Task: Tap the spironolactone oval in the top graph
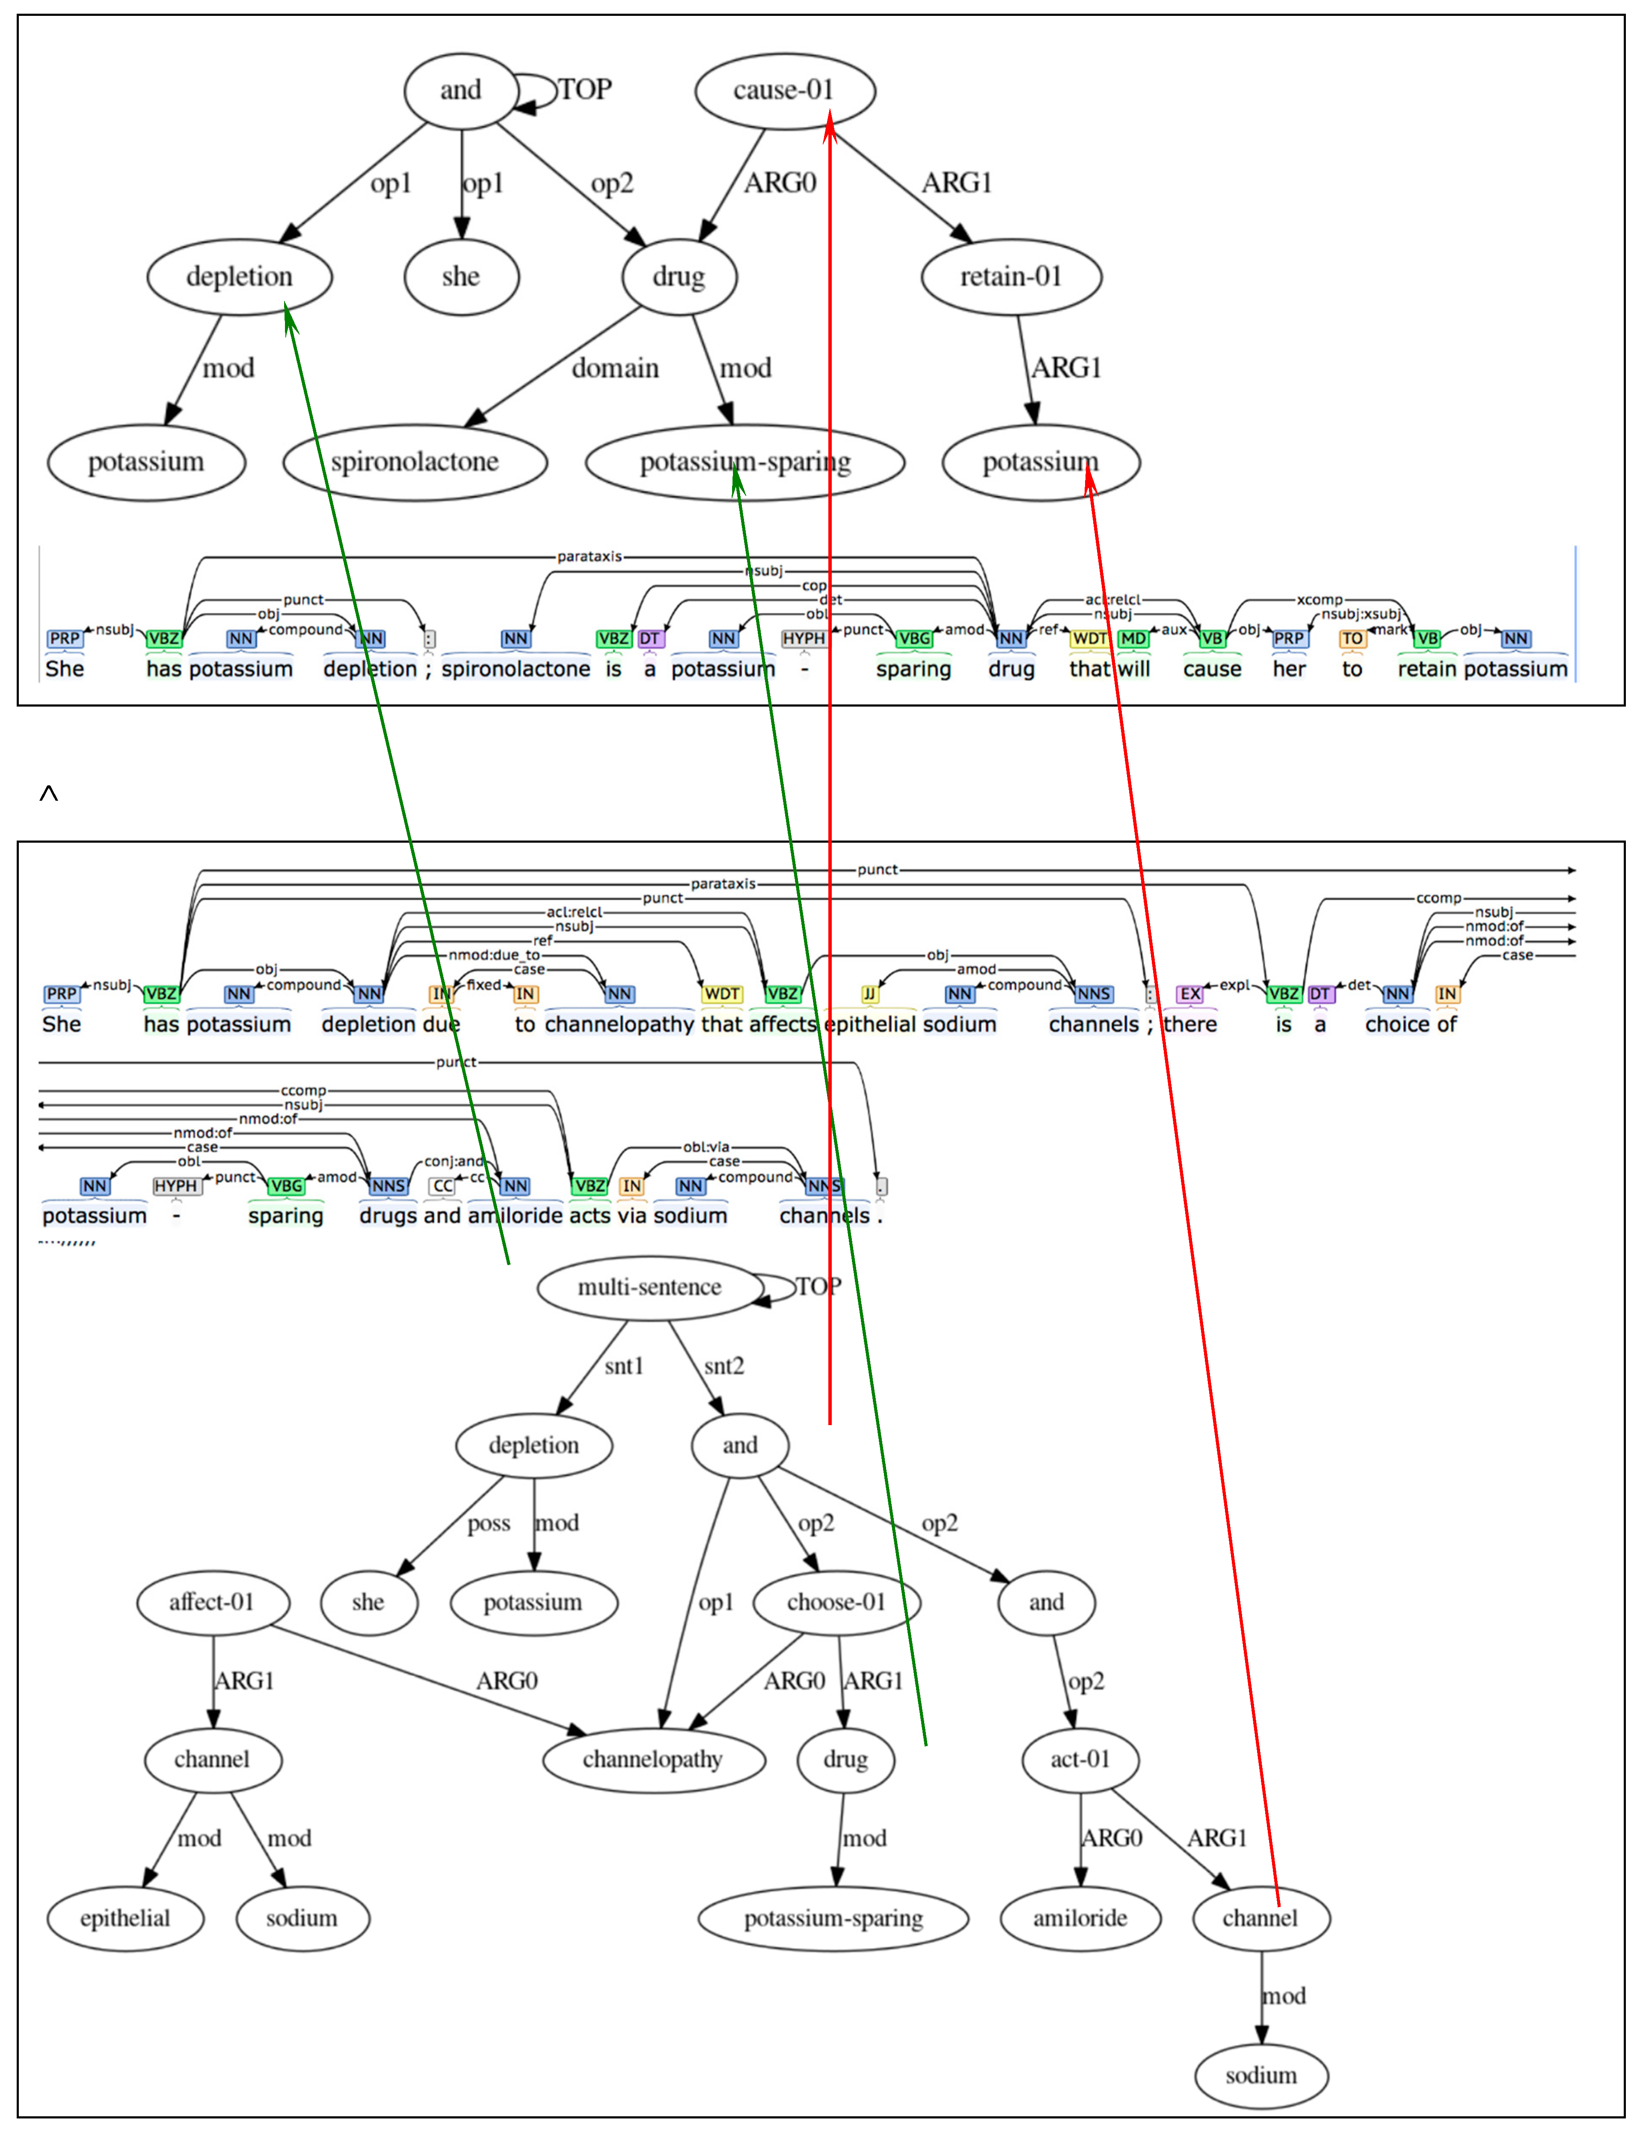click(x=415, y=462)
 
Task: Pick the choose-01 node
click(x=836, y=1602)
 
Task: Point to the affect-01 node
click(x=212, y=1602)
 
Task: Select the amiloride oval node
click(x=1079, y=1918)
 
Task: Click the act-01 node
click(x=1079, y=1759)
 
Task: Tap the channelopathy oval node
click(x=652, y=1759)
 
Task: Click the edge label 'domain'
click(x=615, y=368)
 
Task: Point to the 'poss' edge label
click(x=488, y=1523)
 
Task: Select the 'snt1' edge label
click(x=624, y=1366)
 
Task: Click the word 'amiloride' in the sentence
click(x=516, y=1215)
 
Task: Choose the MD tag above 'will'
click(x=1133, y=639)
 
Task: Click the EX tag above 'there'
click(x=1190, y=994)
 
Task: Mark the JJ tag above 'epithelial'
click(x=869, y=994)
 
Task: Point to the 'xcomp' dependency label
click(x=1319, y=600)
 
